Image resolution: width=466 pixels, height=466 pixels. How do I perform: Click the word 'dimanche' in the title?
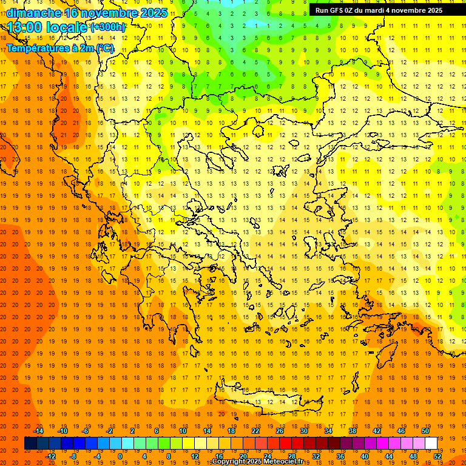pyautogui.click(x=33, y=13)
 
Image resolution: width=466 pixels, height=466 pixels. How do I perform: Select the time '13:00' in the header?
pyautogui.click(x=27, y=27)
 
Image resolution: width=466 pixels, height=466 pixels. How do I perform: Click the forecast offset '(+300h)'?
pyautogui.click(x=108, y=27)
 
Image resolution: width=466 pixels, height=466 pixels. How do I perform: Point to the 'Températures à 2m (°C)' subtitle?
pyautogui.click(x=59, y=48)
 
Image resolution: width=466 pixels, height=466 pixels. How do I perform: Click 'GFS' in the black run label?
pyautogui.click(x=339, y=10)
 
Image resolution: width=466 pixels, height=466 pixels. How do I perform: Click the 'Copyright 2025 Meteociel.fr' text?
pyautogui.click(x=257, y=462)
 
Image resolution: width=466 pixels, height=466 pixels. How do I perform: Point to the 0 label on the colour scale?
pyautogui.click(x=120, y=456)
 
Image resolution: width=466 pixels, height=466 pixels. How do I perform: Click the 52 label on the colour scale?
pyautogui.click(x=437, y=456)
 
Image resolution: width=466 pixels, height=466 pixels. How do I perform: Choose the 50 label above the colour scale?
pyautogui.click(x=425, y=431)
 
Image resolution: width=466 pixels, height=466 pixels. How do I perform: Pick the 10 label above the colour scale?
pyautogui.click(x=183, y=431)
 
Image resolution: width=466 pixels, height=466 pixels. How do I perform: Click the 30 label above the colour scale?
pyautogui.click(x=303, y=431)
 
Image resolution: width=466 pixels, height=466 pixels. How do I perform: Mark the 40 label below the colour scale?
pyautogui.click(x=364, y=456)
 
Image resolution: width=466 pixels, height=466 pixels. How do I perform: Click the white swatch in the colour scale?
pyautogui.click(x=431, y=444)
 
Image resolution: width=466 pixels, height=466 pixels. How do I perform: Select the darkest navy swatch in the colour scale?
pyautogui.click(x=31, y=444)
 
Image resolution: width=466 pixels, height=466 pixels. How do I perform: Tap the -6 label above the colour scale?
pyautogui.click(x=86, y=431)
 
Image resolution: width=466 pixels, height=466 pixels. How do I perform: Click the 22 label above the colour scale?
pyautogui.click(x=255, y=431)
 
